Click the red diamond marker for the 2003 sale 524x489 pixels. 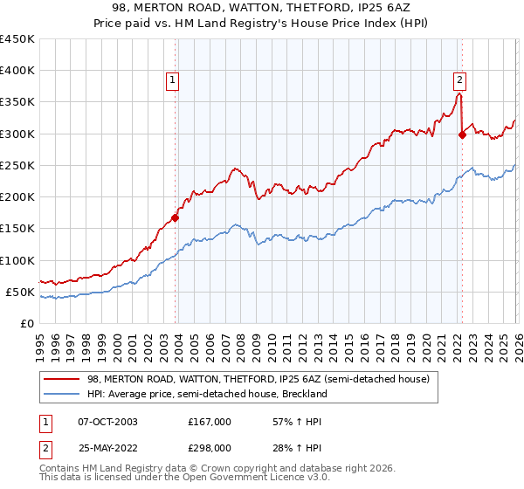(176, 218)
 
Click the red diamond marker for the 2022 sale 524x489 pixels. (462, 134)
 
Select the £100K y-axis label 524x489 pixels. (17, 260)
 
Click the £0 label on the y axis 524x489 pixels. (27, 323)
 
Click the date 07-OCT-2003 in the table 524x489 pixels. (102, 422)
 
